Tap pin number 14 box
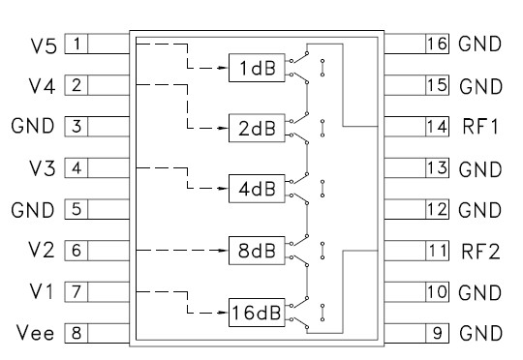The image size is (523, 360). click(439, 127)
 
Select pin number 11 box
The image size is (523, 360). click(439, 250)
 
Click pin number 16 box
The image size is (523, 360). click(439, 44)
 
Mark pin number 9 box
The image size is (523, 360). click(439, 334)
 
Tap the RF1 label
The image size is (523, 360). click(480, 127)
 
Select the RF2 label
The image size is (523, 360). click(480, 250)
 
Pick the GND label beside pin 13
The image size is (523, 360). click(480, 167)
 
